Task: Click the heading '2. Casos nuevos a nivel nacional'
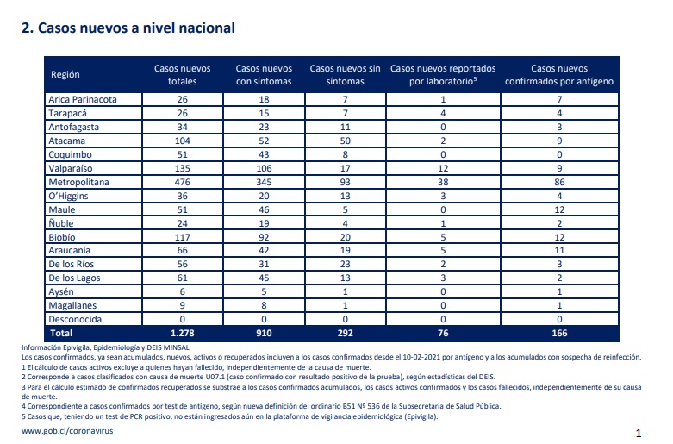pos(128,28)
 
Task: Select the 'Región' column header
pos(65,74)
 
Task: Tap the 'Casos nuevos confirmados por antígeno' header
pos(559,75)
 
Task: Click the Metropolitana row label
pos(78,182)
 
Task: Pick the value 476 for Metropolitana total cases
pos(183,182)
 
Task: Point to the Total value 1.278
pos(183,333)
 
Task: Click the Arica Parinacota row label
pos(83,99)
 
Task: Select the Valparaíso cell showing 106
pos(264,168)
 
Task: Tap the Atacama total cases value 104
pos(183,141)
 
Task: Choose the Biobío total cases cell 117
pos(183,237)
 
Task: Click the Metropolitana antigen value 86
pos(559,182)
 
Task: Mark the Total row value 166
pos(559,333)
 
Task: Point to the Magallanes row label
pos(72,305)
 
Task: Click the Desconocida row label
pos(75,319)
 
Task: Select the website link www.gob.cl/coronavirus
pos(67,431)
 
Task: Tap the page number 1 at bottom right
pos(639,433)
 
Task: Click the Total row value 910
pos(264,333)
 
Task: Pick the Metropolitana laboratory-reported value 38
pos(443,182)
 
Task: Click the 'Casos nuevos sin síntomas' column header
pos(345,75)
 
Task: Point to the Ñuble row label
pos(61,222)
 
